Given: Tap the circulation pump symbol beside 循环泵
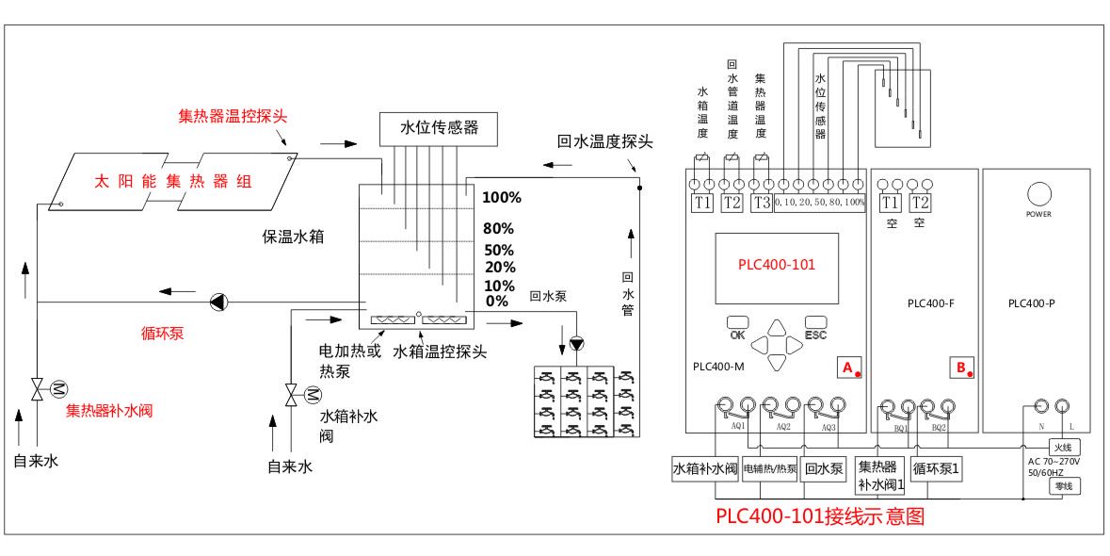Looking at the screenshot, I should click(x=217, y=302).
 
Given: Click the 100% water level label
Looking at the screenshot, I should click(x=502, y=198).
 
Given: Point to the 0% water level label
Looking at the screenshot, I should click(x=496, y=302).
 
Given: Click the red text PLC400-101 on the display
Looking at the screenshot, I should click(x=777, y=265).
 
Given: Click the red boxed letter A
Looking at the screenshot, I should click(x=847, y=367).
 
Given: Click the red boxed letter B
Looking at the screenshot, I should click(x=961, y=367).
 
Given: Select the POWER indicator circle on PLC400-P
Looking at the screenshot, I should click(x=1039, y=194).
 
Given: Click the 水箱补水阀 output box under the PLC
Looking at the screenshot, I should click(x=704, y=469).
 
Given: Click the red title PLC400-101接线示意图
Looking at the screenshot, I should click(x=820, y=516).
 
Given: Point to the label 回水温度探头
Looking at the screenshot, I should click(x=604, y=142).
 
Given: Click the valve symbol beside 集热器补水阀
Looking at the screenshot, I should click(x=39, y=388).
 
